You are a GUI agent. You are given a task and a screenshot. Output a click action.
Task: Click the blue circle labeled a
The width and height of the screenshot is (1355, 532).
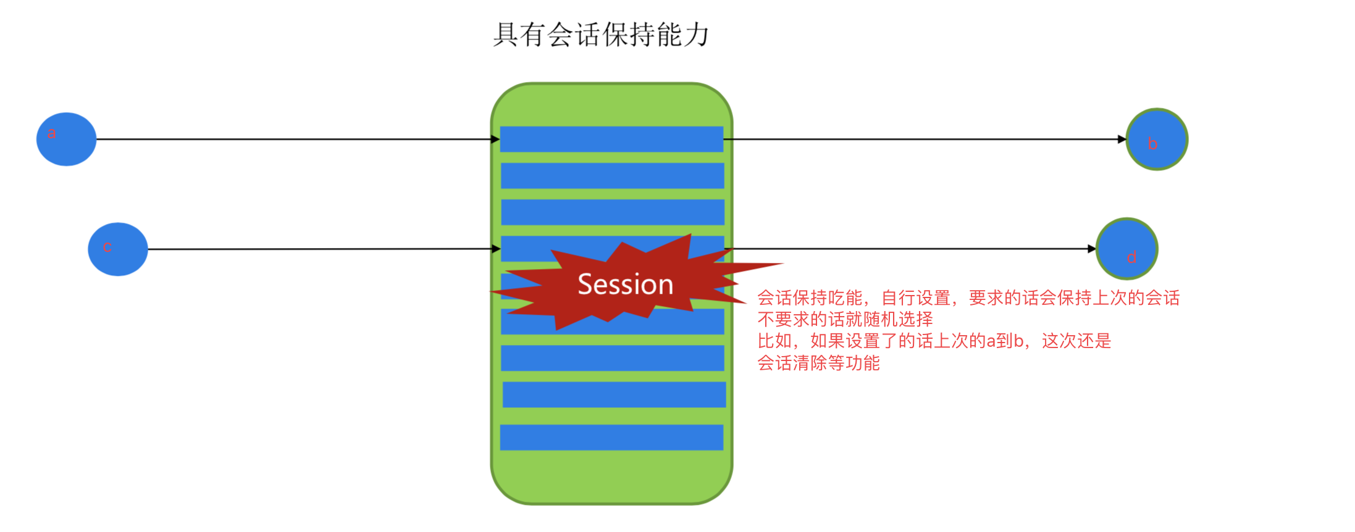coord(66,139)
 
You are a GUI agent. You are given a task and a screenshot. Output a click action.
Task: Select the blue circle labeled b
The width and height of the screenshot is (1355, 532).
coord(1157,139)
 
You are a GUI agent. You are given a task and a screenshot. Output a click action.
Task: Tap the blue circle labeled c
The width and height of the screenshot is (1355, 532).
coord(118,249)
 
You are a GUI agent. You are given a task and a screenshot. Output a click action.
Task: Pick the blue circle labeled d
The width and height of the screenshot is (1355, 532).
coord(1126,249)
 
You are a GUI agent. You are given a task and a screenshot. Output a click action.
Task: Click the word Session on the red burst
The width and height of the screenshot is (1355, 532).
coord(625,285)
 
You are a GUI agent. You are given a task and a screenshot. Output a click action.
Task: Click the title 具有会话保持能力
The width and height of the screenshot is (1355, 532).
coord(601,35)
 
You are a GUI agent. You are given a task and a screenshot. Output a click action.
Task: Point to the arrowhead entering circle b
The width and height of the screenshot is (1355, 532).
coord(1122,139)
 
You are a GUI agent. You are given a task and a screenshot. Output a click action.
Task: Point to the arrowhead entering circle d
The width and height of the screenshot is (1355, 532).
coord(1092,249)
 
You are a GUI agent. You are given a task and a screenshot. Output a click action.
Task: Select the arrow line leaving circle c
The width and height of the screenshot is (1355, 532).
coord(321,249)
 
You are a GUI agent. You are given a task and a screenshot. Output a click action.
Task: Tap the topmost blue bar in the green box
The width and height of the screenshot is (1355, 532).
coord(611,139)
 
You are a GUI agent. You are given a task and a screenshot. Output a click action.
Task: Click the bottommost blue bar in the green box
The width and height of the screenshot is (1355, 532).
coord(611,437)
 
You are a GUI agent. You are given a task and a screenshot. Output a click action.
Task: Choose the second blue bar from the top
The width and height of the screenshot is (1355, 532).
coord(612,175)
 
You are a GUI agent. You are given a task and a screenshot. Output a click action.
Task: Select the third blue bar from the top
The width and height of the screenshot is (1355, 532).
coord(612,212)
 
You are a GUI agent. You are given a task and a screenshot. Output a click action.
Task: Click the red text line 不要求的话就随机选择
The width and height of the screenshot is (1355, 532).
coord(845,320)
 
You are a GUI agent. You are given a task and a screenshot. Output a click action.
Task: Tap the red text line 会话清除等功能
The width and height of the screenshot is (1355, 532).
coord(818,363)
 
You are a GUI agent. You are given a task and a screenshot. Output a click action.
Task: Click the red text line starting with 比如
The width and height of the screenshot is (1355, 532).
coord(934,341)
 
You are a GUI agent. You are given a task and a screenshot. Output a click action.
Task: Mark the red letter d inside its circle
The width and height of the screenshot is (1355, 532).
coord(1131,257)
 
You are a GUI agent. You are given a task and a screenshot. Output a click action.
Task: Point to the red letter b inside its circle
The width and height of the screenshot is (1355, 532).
coord(1152,144)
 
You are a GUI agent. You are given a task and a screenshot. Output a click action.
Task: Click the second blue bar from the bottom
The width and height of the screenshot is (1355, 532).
coord(614,394)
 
